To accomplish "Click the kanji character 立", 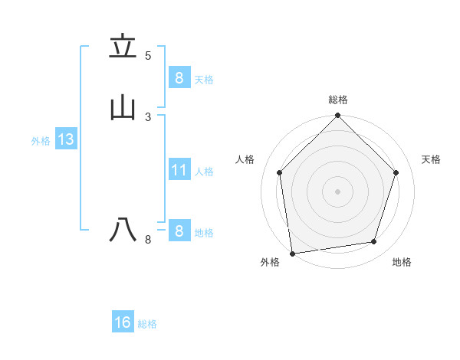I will point(123,47).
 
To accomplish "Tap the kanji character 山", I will point(123,108).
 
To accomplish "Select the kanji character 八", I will point(123,230).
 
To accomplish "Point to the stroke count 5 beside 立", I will point(148,56).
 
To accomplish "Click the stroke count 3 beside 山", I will point(148,116).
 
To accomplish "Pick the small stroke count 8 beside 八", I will point(148,240).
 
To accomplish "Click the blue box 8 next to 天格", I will point(179,78).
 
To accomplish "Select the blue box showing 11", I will point(179,170).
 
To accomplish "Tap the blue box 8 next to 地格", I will point(179,231).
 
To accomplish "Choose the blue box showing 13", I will point(65,139).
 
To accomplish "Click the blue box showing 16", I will point(123,322).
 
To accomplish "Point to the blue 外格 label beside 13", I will point(41,141).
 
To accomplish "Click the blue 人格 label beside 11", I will point(205,172).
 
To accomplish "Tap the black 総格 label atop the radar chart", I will point(338,100).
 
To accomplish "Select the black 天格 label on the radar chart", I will point(431,159).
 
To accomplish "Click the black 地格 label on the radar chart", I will point(402,262).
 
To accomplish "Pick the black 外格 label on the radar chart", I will point(270,262).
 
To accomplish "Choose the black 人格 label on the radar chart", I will point(245,159).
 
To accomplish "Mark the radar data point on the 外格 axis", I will point(292,253).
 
